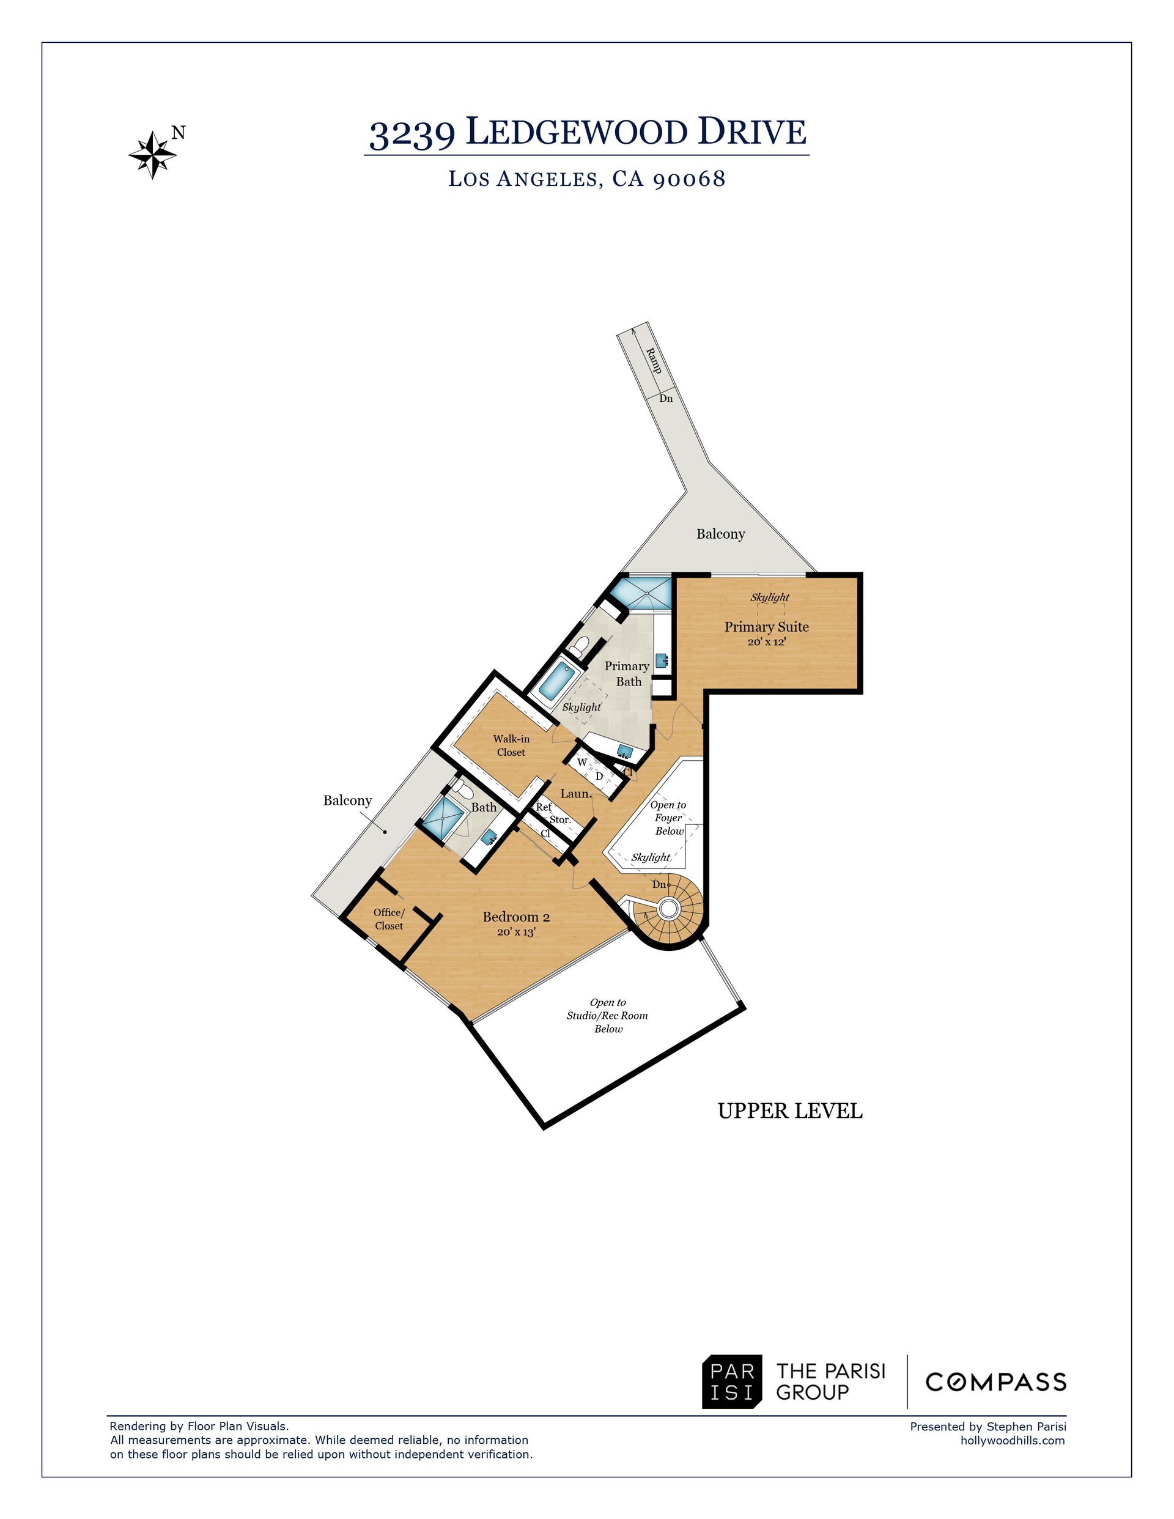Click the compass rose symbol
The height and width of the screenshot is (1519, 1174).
(152, 154)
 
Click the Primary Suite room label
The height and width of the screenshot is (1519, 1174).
(766, 627)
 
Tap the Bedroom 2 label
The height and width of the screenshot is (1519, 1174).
(516, 917)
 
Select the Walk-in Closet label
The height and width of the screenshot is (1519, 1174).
(511, 745)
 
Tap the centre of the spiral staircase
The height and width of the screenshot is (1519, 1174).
(668, 907)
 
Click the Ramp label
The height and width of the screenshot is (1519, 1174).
(653, 360)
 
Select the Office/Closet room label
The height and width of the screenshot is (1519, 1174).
(389, 918)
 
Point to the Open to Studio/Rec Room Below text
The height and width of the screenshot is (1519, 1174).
(607, 1016)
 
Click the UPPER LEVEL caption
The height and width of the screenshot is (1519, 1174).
(790, 1111)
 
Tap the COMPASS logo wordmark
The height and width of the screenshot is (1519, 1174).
(996, 1382)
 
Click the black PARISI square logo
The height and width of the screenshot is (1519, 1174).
(732, 1382)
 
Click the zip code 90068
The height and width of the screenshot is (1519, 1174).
(690, 179)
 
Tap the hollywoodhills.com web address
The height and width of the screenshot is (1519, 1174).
(1013, 1440)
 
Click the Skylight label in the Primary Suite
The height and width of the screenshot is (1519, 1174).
(770, 597)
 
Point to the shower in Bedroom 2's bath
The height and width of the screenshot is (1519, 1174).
(443, 819)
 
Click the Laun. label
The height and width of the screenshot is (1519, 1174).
(576, 794)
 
